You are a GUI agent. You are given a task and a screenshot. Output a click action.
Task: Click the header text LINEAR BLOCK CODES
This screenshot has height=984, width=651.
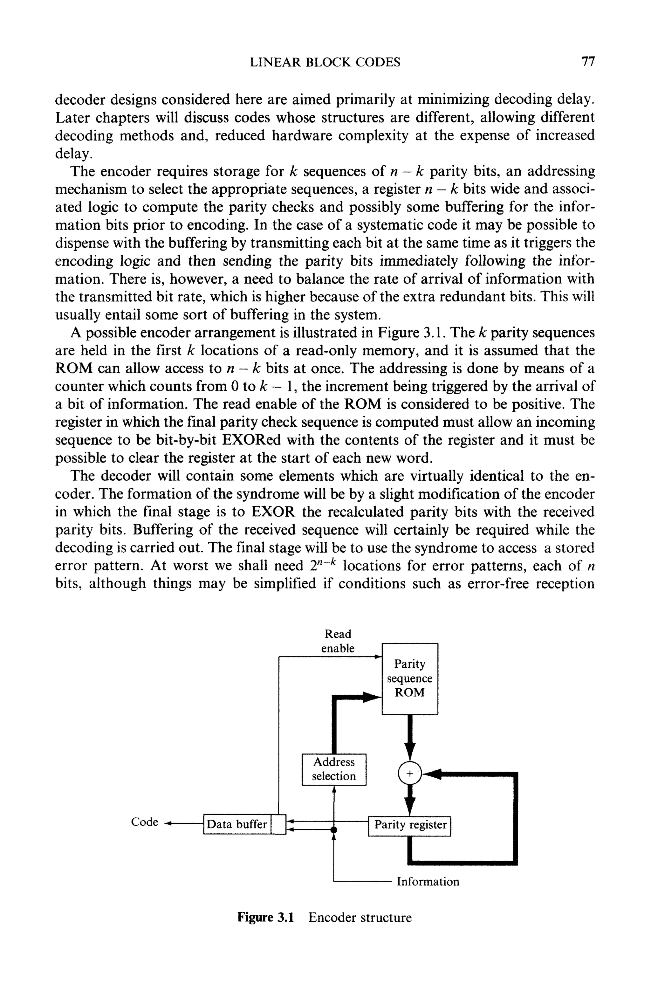coord(325,62)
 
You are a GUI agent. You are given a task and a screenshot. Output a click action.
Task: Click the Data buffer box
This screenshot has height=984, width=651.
coord(236,824)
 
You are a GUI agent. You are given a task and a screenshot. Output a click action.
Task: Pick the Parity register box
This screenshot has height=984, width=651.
coord(410,825)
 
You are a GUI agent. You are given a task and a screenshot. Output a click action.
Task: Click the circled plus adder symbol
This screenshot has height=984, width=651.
coord(410,774)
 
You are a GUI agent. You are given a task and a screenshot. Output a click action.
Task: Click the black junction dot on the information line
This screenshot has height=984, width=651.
coord(334,829)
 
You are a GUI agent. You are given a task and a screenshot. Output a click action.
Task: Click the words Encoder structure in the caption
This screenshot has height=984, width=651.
coord(360,917)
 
